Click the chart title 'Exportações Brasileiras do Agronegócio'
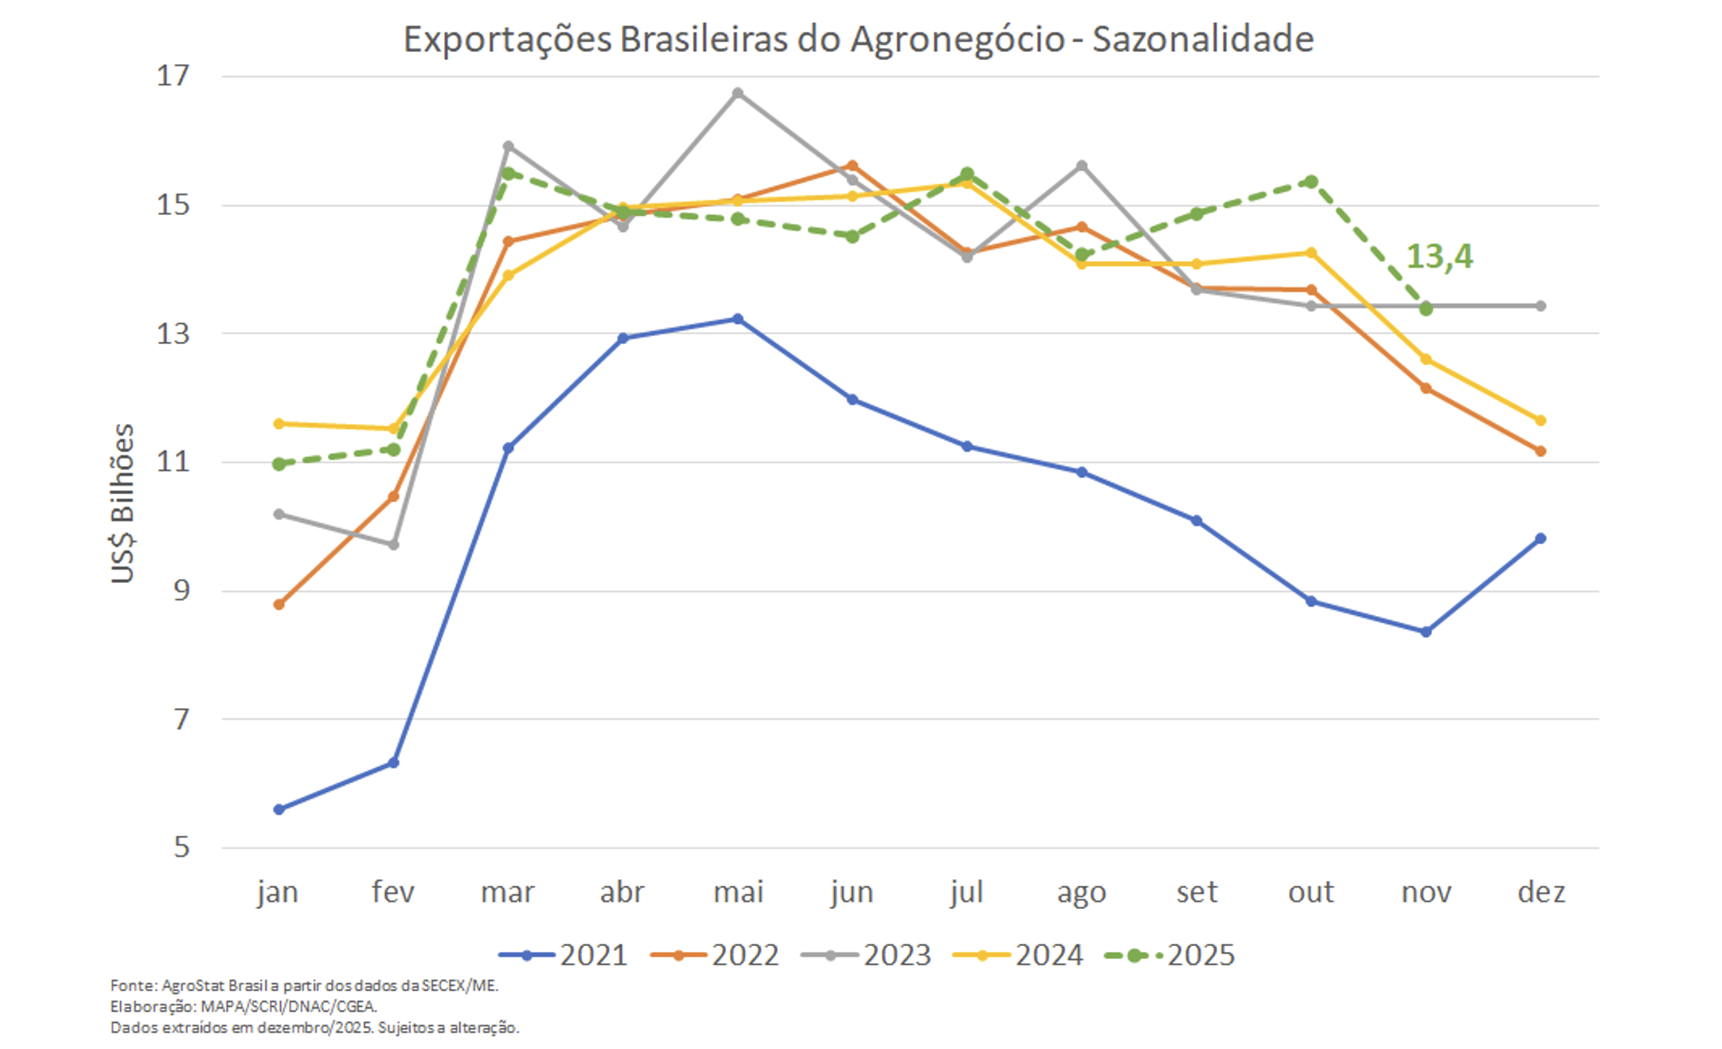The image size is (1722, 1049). [858, 39]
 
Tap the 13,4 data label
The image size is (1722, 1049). [1439, 256]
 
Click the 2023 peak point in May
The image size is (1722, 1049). [737, 93]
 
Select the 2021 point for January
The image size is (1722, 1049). [279, 809]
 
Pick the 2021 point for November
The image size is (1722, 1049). [1425, 632]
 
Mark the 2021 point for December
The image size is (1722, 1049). [1540, 538]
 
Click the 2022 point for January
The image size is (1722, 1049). [279, 604]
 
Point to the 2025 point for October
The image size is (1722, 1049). [1311, 181]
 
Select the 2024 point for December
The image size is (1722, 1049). [1540, 420]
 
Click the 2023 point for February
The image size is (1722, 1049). [394, 544]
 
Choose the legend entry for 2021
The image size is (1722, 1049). [564, 955]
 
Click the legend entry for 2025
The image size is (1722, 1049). [1170, 955]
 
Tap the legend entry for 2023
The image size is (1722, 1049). [867, 955]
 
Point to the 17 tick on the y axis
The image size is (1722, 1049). [173, 76]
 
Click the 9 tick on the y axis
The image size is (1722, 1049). [181, 590]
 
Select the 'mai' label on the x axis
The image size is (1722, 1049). [737, 892]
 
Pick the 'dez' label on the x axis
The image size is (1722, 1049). [1541, 892]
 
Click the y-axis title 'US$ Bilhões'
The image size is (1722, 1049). [122, 503]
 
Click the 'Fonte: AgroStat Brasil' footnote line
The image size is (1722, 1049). [304, 985]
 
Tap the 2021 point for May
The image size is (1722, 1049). [737, 319]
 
